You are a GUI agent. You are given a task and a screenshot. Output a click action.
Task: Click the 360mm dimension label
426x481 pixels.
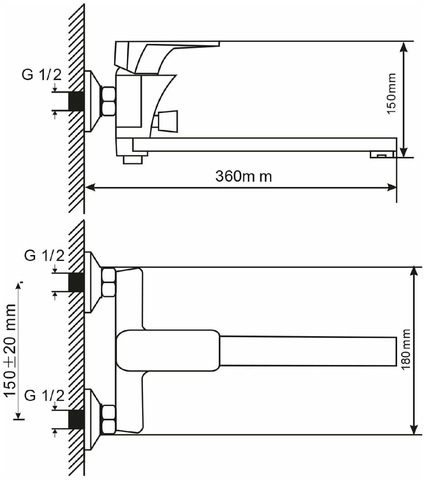click(243, 177)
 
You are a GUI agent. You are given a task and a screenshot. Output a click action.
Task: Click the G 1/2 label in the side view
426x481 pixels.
click(42, 75)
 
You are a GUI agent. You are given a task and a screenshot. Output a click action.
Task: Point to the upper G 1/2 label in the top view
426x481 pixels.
click(44, 256)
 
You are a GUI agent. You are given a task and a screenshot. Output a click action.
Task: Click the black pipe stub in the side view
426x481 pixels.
click(76, 101)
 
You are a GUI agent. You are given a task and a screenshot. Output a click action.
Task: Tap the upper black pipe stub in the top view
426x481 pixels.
click(76, 282)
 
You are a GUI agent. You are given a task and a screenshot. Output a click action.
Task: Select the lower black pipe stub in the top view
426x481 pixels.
click(76, 419)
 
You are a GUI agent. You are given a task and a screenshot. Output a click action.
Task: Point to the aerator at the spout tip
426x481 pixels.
click(382, 155)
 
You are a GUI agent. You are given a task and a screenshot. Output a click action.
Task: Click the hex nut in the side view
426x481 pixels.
click(109, 101)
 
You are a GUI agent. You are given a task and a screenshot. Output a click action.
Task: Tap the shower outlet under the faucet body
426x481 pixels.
click(133, 160)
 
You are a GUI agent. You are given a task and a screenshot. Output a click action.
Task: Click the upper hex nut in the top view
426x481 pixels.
click(109, 282)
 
